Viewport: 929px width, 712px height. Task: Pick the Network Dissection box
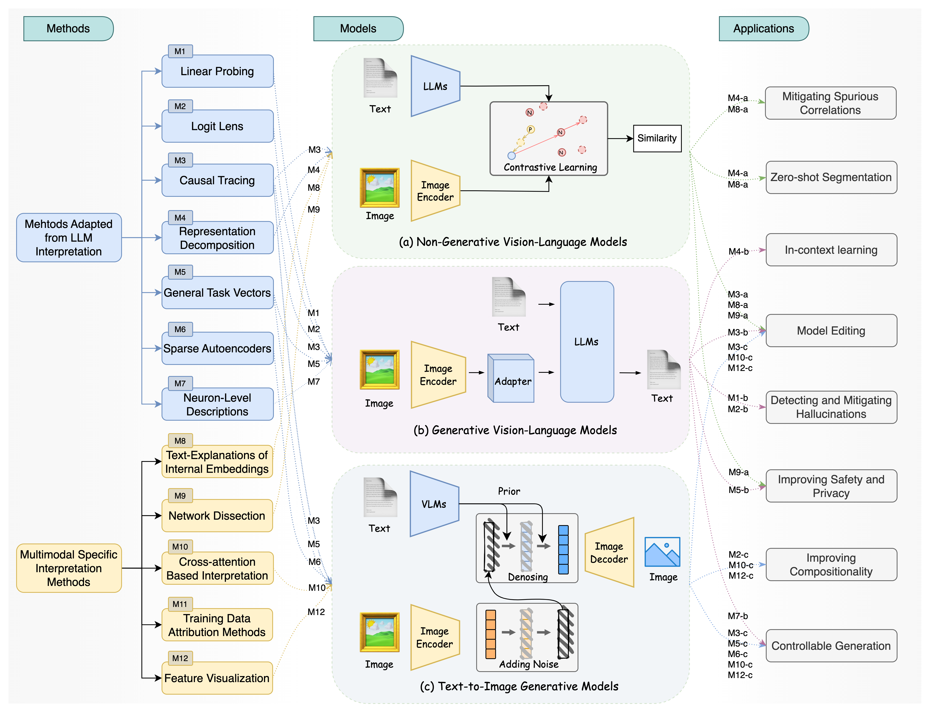click(x=217, y=516)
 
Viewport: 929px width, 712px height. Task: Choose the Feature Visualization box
click(x=217, y=678)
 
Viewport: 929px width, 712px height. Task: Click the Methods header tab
click(x=68, y=28)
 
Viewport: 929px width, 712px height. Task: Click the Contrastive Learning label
click(x=550, y=167)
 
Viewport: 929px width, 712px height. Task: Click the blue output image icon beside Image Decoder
click(x=662, y=552)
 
